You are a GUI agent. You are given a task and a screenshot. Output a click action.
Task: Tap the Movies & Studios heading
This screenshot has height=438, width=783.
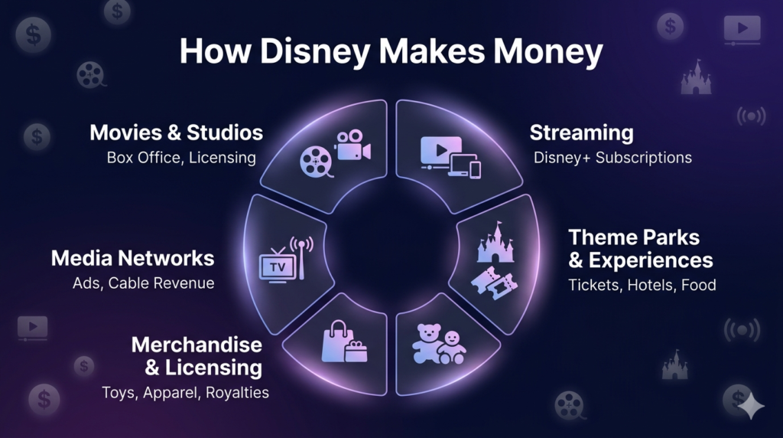click(176, 132)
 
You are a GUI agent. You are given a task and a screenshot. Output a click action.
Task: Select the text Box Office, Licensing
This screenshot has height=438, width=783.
click(181, 158)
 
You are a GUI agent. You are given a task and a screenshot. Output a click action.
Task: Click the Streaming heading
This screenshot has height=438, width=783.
click(581, 132)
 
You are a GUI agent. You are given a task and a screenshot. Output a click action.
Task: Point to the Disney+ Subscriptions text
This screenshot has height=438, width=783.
click(612, 158)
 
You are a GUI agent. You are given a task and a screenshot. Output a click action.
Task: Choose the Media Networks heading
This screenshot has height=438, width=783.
click(132, 258)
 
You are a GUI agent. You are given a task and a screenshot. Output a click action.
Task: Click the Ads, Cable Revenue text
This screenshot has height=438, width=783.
click(144, 283)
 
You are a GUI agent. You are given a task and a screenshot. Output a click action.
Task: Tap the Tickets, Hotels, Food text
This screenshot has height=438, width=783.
click(642, 285)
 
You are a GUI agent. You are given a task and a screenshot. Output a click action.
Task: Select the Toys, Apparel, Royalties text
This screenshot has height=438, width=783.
click(186, 393)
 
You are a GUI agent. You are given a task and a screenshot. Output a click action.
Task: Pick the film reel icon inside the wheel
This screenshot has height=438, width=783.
click(316, 162)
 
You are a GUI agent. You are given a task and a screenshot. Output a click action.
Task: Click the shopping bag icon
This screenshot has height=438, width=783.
click(337, 340)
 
